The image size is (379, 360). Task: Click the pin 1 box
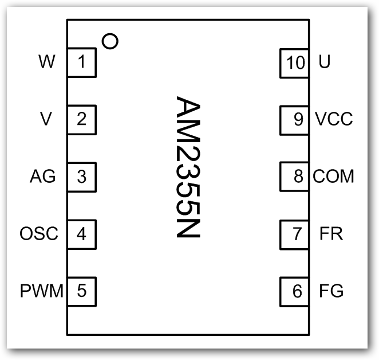tap(82, 62)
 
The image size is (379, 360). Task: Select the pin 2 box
tap(82, 119)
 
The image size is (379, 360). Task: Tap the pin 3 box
tap(82, 177)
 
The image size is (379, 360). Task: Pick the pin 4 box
tap(82, 234)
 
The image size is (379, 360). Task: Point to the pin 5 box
tap(82, 291)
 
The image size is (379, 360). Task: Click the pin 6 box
tap(296, 291)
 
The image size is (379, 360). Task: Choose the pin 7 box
tap(296, 234)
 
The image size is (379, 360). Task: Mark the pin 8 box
tap(296, 177)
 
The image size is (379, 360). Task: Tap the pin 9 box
tap(296, 119)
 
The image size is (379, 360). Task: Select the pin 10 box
tap(296, 62)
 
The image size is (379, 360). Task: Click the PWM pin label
tap(42, 291)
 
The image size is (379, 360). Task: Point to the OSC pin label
tap(39, 234)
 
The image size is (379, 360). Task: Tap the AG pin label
tap(42, 177)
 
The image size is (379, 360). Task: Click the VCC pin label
tap(334, 119)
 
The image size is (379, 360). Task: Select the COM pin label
tap(334, 177)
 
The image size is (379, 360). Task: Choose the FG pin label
tap(331, 291)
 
